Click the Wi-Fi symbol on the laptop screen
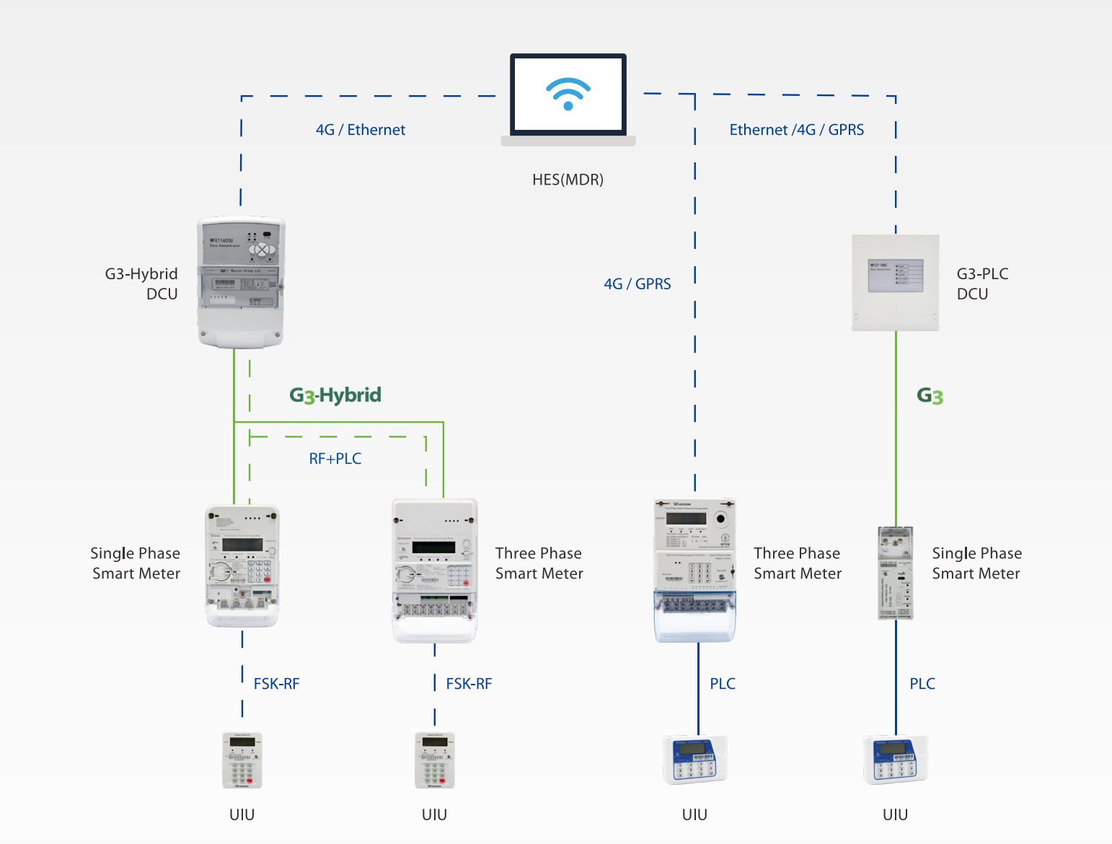pos(568,94)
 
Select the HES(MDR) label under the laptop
pos(568,180)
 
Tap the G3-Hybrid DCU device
pos(241,282)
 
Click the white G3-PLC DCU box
pos(896,282)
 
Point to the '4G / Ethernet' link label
pos(361,130)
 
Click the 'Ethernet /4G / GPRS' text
pos(796,130)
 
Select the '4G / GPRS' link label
pos(637,284)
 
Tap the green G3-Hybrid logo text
pos(335,395)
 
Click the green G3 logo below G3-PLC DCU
pos(930,396)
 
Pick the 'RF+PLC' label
pos(335,459)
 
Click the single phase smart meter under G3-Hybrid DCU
pos(242,566)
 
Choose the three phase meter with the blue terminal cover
pos(694,570)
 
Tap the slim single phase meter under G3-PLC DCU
pos(896,573)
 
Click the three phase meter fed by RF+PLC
pos(435,570)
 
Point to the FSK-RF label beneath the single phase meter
pos(276,684)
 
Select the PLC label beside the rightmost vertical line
pos(922,684)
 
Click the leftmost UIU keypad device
pos(242,760)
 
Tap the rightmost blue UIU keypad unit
pos(895,760)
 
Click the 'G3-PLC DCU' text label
pos(982,284)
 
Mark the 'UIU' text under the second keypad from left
pos(434,814)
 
